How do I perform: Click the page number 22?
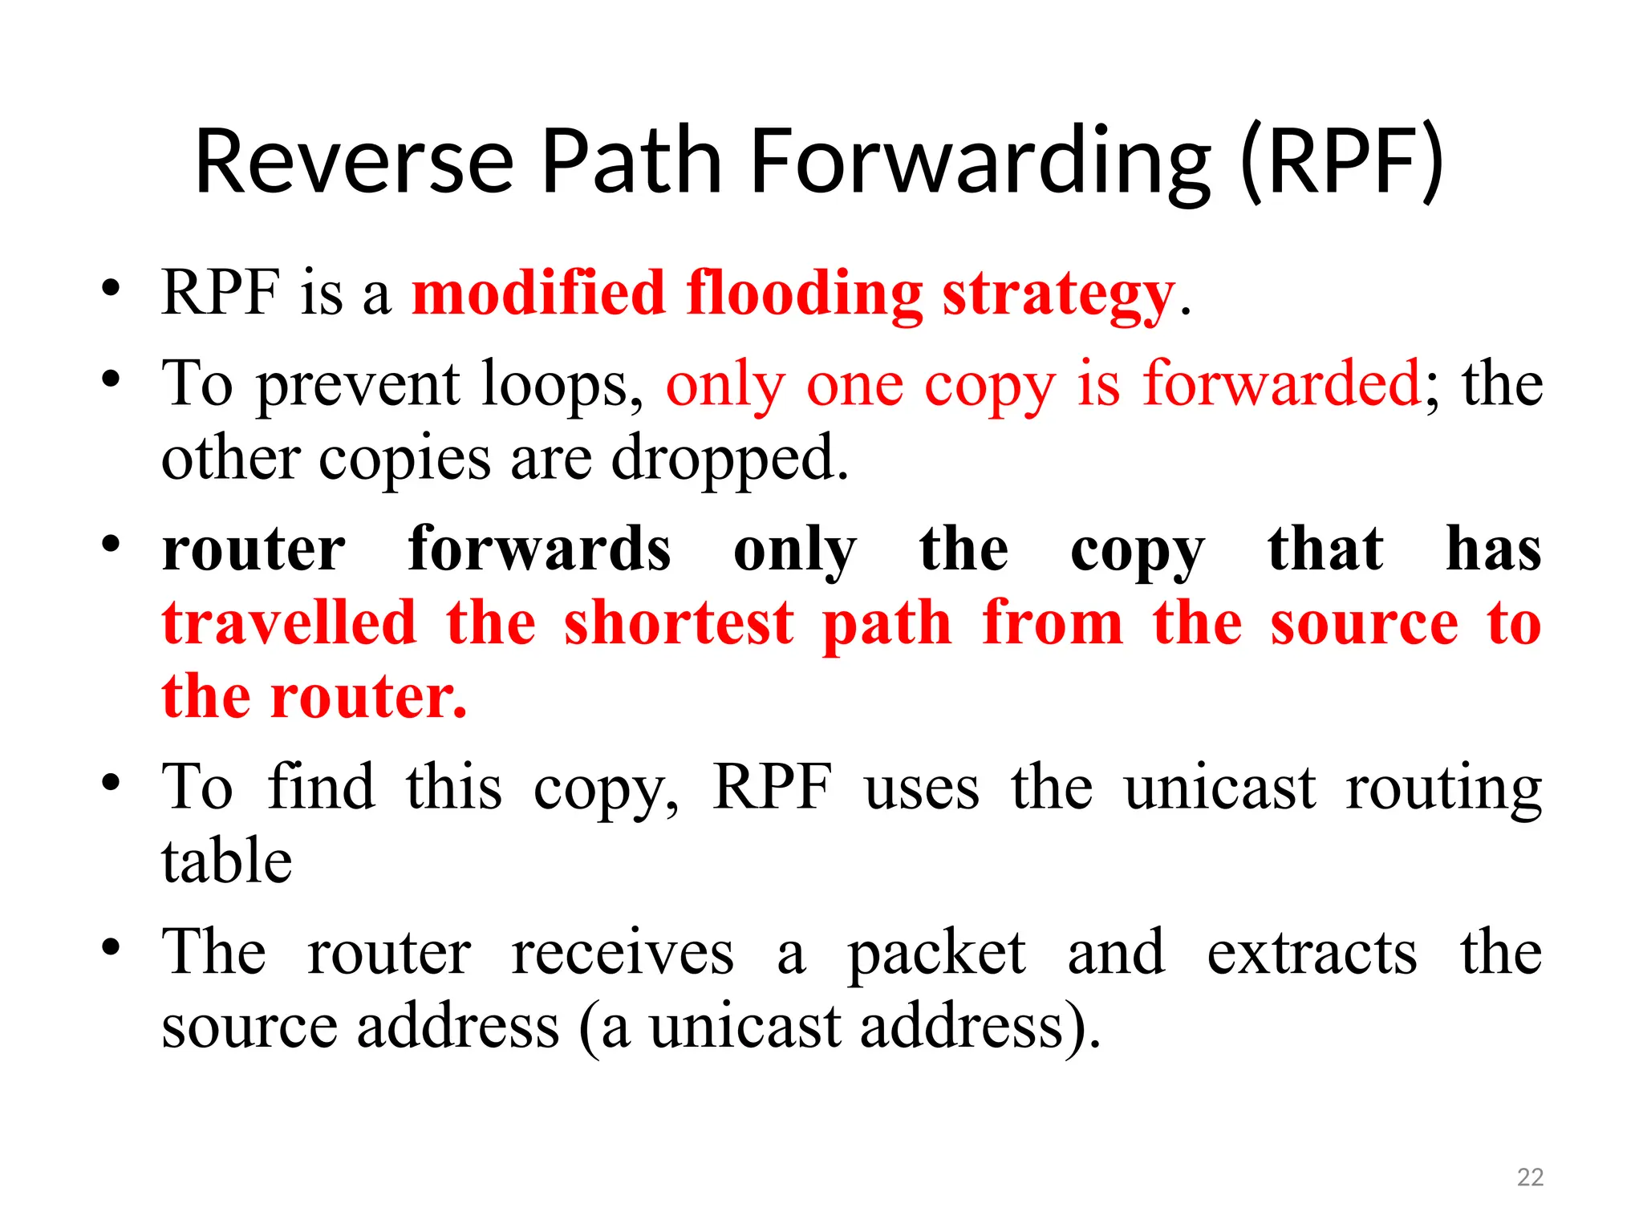point(1530,1177)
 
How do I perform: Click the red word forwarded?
point(1281,384)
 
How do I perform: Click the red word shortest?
point(679,624)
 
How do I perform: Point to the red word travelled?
point(289,623)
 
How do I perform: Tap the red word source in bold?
point(1364,624)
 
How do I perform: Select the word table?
point(227,861)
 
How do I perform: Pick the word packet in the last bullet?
point(936,954)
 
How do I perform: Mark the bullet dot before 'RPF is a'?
point(111,287)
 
